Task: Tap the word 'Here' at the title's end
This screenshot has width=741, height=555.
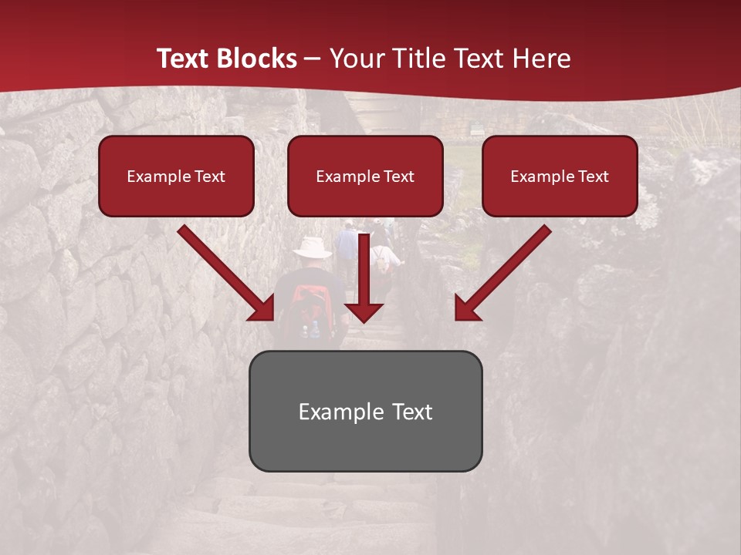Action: pyautogui.click(x=543, y=59)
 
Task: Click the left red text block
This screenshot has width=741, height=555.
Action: pyautogui.click(x=176, y=176)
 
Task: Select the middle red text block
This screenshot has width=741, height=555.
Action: pyautogui.click(x=365, y=176)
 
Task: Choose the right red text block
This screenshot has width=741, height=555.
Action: pyautogui.click(x=560, y=176)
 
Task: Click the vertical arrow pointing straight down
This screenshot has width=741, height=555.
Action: pyautogui.click(x=364, y=285)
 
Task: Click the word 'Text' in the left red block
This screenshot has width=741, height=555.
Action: pyautogui.click(x=209, y=177)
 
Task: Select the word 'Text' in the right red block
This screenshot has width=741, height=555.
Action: pyautogui.click(x=593, y=177)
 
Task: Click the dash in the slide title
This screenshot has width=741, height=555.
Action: pyautogui.click(x=313, y=59)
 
